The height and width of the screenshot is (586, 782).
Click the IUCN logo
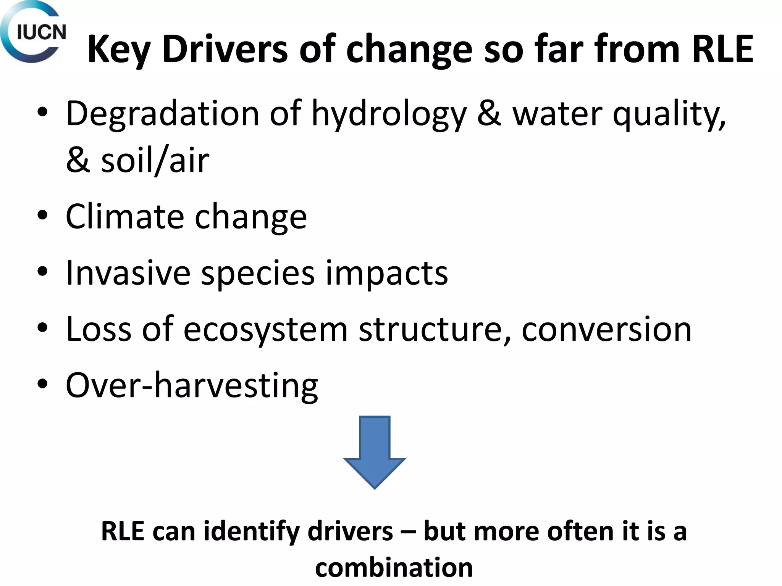[34, 32]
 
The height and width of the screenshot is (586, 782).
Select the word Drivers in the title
[225, 49]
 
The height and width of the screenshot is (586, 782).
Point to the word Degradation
[163, 114]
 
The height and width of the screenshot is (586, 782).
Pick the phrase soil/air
[155, 160]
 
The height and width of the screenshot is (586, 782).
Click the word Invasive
[128, 272]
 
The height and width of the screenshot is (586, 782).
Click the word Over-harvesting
[192, 385]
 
